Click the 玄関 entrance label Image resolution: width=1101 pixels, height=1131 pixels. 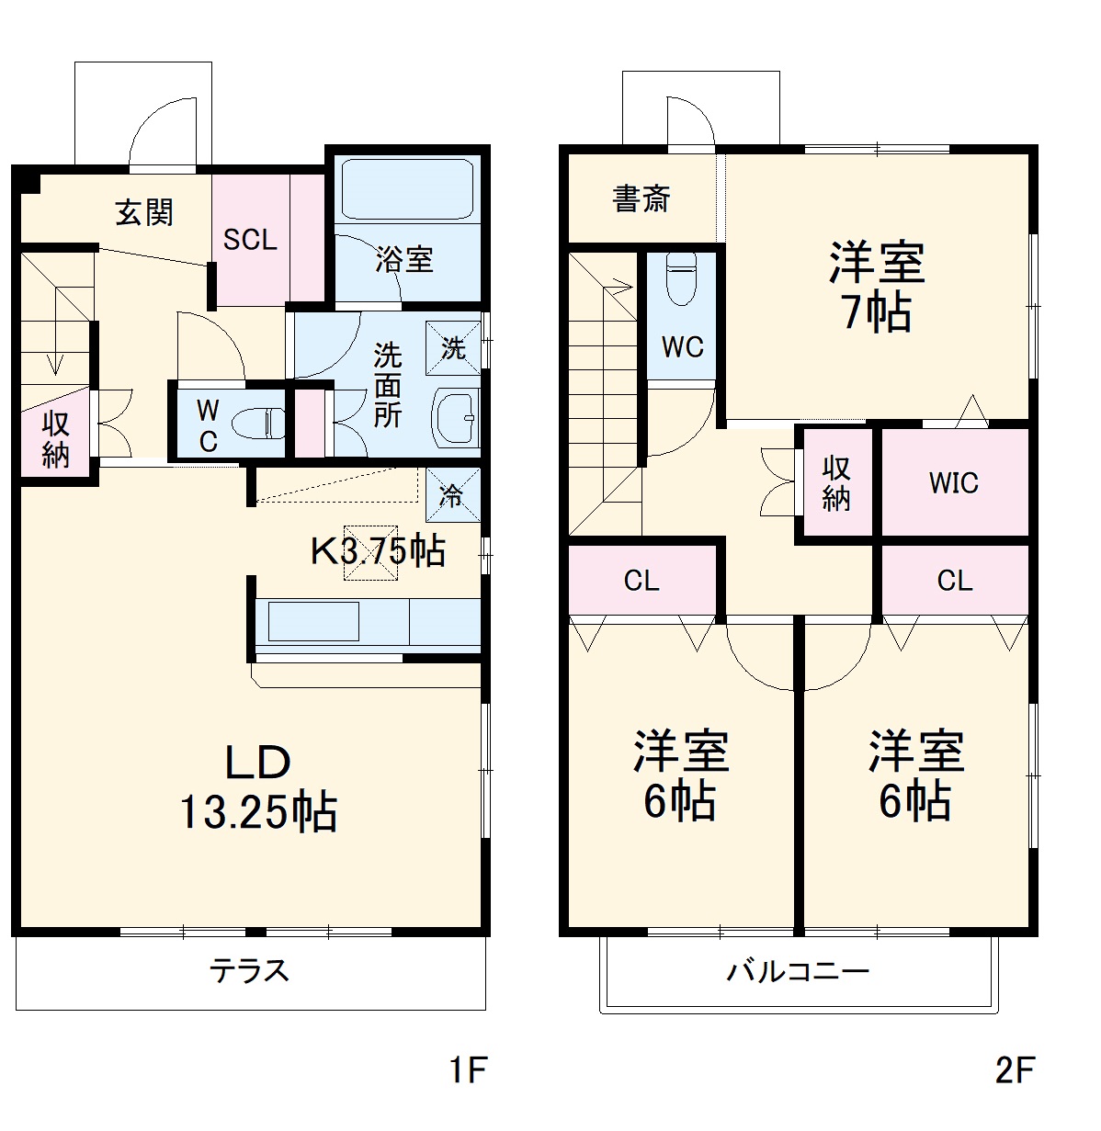pos(144,213)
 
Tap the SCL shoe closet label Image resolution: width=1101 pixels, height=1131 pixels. pos(250,240)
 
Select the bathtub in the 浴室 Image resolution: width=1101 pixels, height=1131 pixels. pos(405,188)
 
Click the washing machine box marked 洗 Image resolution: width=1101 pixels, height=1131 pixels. pos(453,348)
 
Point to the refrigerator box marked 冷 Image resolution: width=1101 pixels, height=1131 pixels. pos(451,495)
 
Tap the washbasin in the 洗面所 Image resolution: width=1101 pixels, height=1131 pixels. pos(455,418)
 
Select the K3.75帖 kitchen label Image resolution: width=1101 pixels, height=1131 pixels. pos(378,550)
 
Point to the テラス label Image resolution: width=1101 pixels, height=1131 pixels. pos(249,970)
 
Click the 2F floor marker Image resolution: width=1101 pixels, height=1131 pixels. pos(1015,1069)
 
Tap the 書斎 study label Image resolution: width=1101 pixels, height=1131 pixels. pos(641,198)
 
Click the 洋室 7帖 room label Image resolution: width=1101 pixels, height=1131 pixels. pos(877,286)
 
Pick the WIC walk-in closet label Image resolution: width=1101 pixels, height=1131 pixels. pos(954,483)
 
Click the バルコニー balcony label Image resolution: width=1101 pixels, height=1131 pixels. pos(798,971)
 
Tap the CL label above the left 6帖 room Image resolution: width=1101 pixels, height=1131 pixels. pos(641,581)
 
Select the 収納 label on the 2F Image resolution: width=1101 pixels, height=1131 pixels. pos(835,483)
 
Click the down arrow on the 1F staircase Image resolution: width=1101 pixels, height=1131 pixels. pos(57,364)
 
